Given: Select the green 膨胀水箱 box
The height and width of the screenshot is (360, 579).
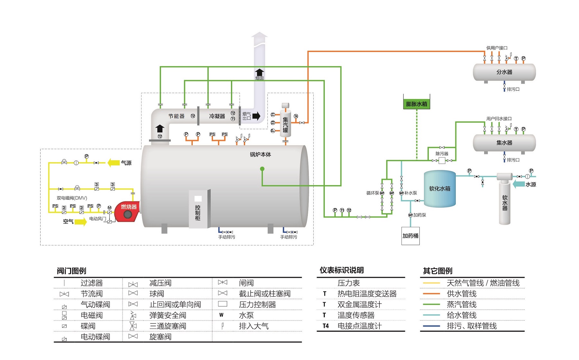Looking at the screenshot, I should click(x=417, y=104).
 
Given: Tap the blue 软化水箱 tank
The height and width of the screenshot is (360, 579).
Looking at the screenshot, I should click(x=440, y=189).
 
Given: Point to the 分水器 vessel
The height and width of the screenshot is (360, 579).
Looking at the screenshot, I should click(x=504, y=72).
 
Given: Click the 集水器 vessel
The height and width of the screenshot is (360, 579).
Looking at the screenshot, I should click(x=504, y=143).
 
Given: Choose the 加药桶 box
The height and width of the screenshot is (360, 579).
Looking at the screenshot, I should click(x=410, y=236).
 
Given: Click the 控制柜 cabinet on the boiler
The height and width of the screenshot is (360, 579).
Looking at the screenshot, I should click(x=198, y=209).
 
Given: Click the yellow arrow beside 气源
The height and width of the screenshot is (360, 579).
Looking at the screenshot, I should click(x=114, y=163).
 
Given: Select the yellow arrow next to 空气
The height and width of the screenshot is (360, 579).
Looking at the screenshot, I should click(x=81, y=221).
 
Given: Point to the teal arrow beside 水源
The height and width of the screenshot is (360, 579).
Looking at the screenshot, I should click(x=519, y=184).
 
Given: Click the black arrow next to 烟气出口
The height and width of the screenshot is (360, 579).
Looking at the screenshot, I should click(x=256, y=116).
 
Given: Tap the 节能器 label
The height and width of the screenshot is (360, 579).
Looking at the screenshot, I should click(x=176, y=116).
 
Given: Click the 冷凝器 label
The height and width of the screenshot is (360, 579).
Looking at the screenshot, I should click(x=217, y=116).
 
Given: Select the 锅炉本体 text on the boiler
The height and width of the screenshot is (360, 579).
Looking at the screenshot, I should click(x=260, y=155).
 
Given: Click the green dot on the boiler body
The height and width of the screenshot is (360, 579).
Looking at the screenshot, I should click(x=262, y=169).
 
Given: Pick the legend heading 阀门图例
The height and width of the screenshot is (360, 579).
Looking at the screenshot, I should click(x=71, y=271).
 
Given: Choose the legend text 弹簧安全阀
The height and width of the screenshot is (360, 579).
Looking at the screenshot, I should click(x=168, y=315).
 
